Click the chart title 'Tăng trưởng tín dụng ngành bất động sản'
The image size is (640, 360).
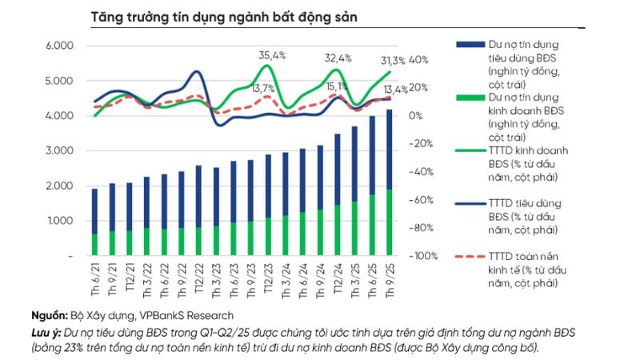click(x=213, y=16)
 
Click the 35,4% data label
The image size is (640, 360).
click(x=272, y=55)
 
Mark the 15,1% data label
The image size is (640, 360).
click(x=336, y=86)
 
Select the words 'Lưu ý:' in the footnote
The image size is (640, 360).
click(x=47, y=332)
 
